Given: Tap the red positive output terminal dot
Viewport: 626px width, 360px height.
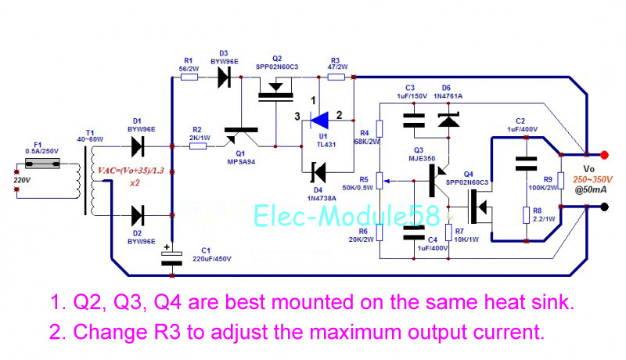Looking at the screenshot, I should pyautogui.click(x=604, y=155).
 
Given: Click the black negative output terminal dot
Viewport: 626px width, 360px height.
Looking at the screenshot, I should pyautogui.click(x=604, y=207).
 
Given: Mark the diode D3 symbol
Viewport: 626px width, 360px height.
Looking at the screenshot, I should pyautogui.click(x=225, y=76).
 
